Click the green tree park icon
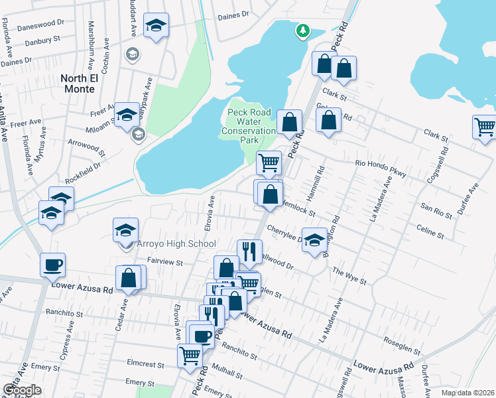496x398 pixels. click(x=302, y=30)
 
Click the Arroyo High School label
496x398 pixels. click(x=176, y=244)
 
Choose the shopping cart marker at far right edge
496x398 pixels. click(x=485, y=126)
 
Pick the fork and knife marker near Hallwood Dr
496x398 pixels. click(x=249, y=251)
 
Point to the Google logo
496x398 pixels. click(x=22, y=390)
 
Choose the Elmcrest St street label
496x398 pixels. click(x=145, y=365)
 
